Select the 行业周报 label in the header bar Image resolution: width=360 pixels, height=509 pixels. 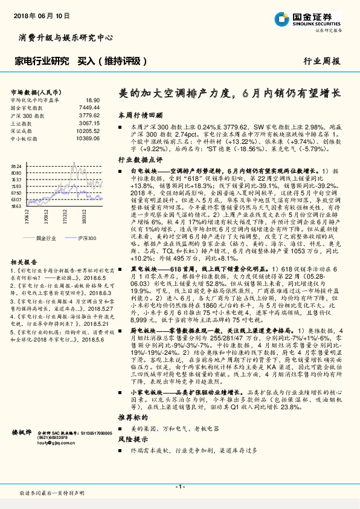(x=321, y=61)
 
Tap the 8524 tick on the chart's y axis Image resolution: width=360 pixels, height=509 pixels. (x=16, y=165)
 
